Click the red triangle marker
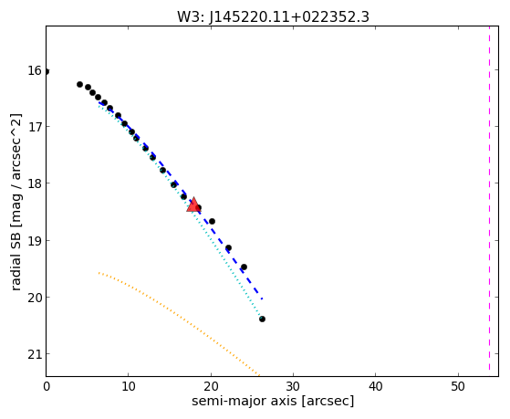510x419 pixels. pos(193,204)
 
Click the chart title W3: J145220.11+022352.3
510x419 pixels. pos(273,16)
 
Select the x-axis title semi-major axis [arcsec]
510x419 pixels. pos(273,401)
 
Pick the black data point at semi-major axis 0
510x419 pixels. pos(47,71)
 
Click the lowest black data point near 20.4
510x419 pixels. pos(262,319)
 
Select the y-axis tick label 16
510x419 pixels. pos(35,70)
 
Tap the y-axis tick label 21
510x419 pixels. pos(35,354)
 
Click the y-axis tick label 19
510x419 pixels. pos(35,241)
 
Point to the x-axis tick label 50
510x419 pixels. pos(458,386)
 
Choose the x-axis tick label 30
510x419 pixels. pos(294,386)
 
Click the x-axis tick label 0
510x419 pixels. pos(47,386)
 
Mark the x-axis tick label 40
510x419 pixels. pos(376,386)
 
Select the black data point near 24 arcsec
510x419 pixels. pos(244,267)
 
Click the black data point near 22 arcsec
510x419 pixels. pos(228,248)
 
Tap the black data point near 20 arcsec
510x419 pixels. pos(212,222)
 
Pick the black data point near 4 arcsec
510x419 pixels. pos(79,84)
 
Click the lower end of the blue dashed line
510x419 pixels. pos(262,299)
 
